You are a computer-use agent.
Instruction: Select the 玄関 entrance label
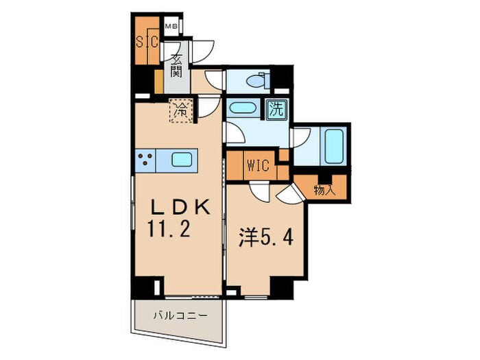176,67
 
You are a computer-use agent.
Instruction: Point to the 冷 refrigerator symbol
181,108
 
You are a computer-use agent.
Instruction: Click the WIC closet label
258,165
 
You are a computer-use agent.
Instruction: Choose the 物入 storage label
324,190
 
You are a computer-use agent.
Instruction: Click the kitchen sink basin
182,160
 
